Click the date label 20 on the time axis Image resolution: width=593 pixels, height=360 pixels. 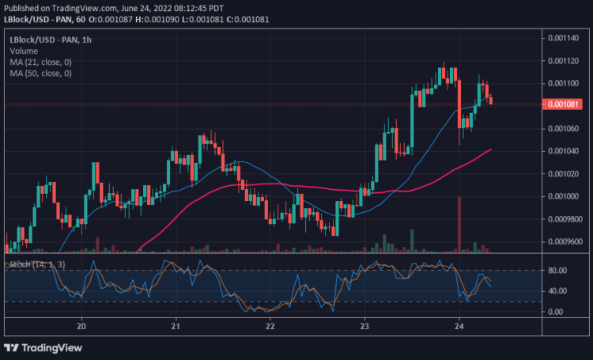pos(81,325)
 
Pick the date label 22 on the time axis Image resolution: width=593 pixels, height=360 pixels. pos(270,325)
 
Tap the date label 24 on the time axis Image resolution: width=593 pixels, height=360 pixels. pos(459,325)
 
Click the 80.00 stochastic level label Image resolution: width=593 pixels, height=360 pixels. pos(557,271)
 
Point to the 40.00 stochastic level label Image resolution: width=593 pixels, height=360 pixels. pos(557,291)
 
